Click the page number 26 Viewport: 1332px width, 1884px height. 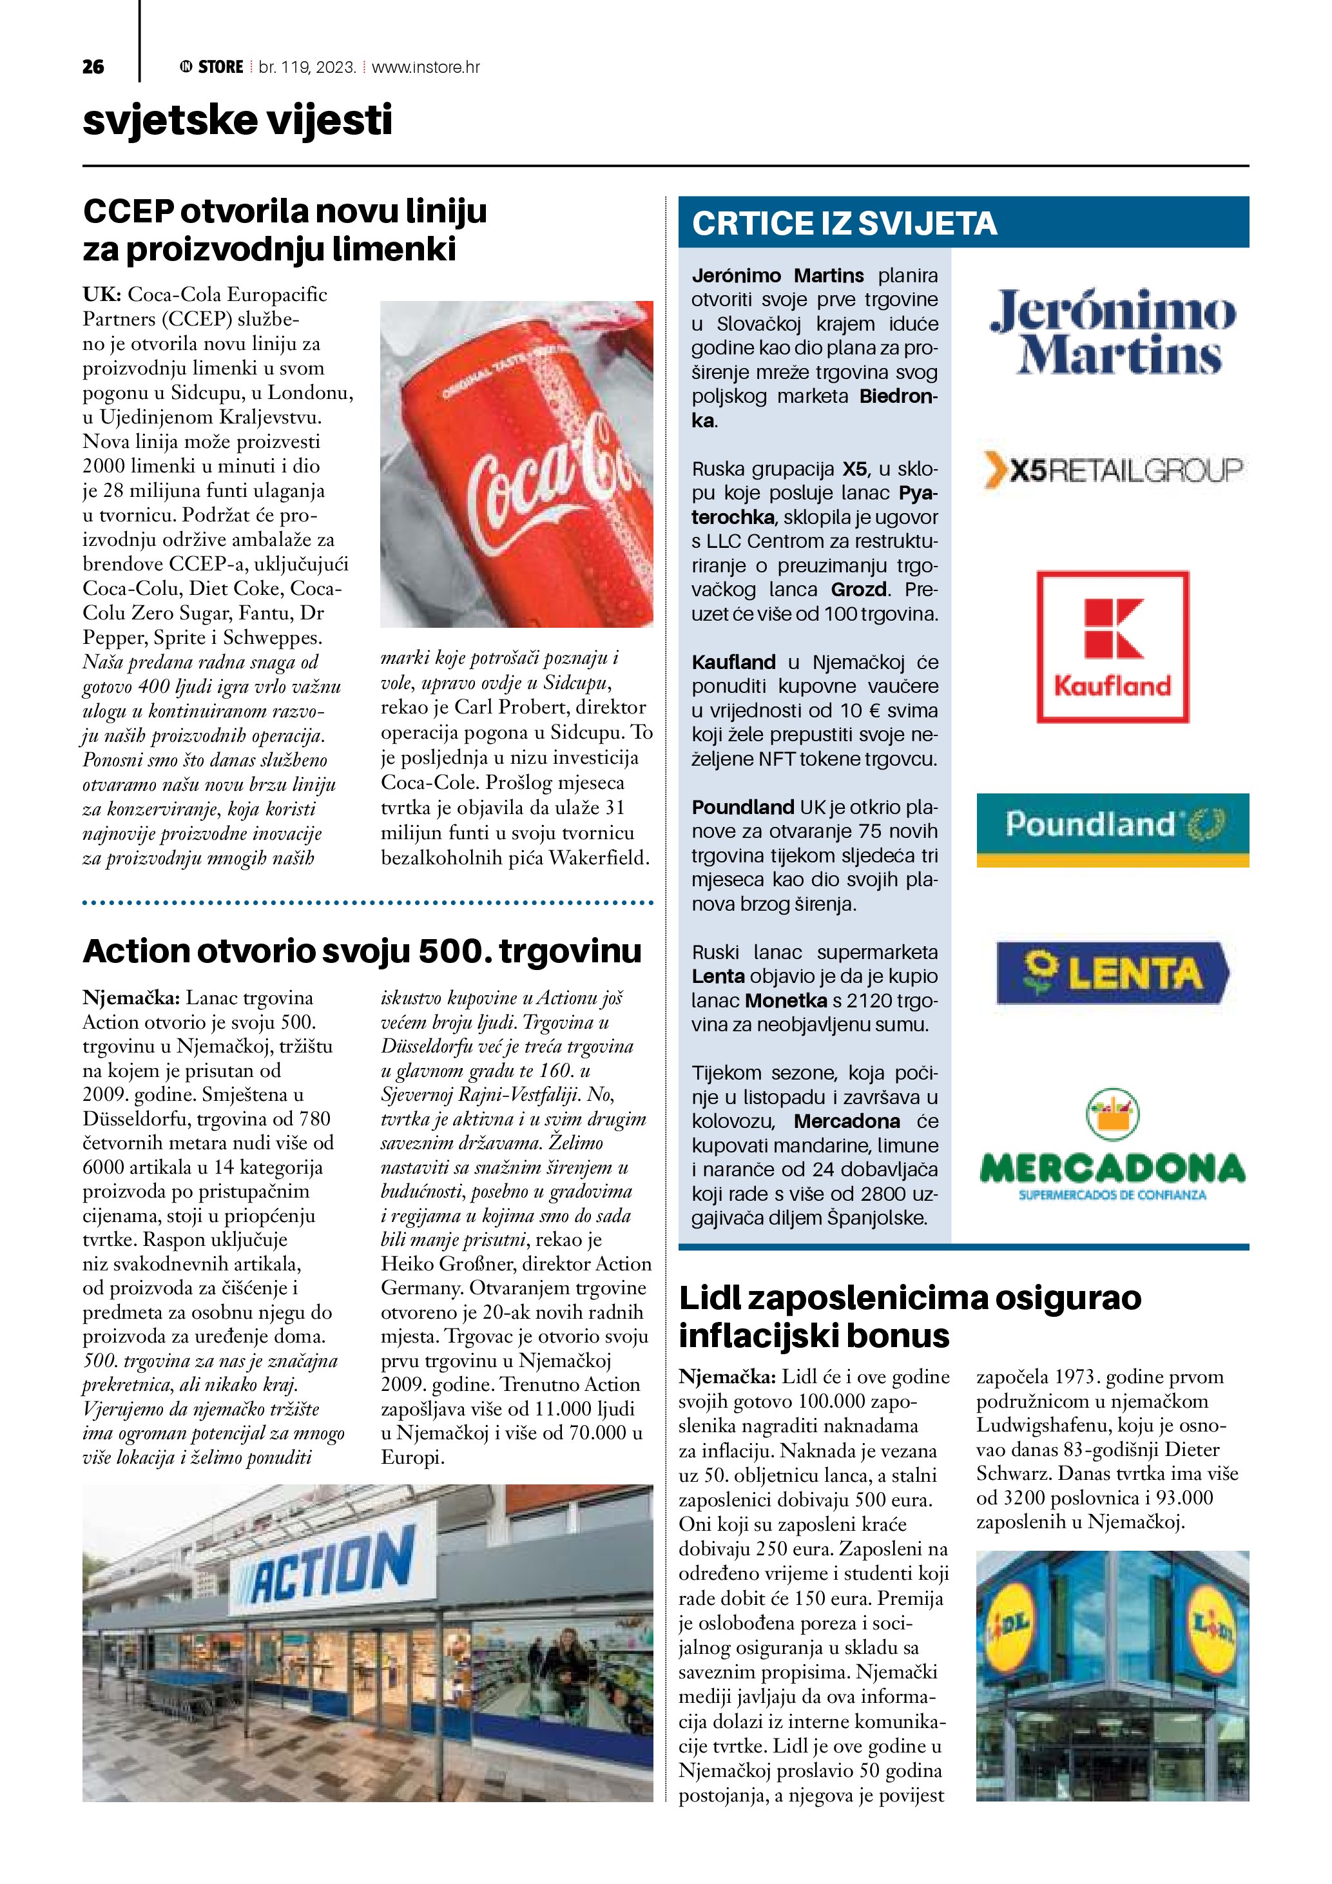tap(93, 67)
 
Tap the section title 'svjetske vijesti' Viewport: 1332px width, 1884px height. tap(237, 121)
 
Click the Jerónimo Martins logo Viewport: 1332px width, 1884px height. tap(1112, 333)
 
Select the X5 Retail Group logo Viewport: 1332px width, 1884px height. tap(1112, 470)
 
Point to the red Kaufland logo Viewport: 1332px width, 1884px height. tap(1112, 646)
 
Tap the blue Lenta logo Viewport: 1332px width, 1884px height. tap(1112, 973)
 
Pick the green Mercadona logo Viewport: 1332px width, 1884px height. tap(1112, 1149)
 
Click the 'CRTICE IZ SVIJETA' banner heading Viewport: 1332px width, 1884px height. tap(844, 223)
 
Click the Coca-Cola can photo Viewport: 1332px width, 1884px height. tap(517, 463)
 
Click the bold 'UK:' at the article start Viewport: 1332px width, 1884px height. tap(102, 295)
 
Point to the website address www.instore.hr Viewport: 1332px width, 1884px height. tap(426, 67)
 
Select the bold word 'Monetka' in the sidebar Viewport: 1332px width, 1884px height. tap(786, 1000)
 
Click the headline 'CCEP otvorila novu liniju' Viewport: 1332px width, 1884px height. tap(285, 211)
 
